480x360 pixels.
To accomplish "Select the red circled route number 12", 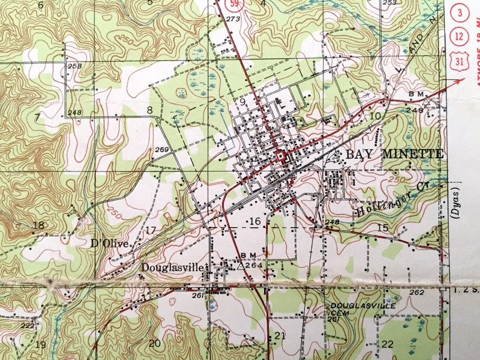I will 462,36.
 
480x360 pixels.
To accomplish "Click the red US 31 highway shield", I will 462,60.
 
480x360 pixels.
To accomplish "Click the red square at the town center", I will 281,156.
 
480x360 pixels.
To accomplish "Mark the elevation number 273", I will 232,19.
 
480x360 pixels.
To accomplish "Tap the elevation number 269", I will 162,150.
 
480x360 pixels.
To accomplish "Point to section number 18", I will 39,225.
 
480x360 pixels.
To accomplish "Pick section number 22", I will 388,344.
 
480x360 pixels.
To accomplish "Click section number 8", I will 149,110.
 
